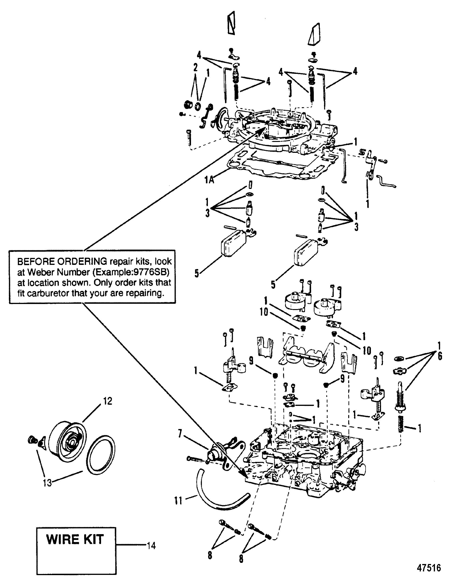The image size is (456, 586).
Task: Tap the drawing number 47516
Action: click(x=428, y=568)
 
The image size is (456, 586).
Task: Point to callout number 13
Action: click(x=47, y=483)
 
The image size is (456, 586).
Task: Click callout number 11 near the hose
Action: click(x=179, y=500)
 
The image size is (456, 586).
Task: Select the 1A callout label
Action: click(x=209, y=180)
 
